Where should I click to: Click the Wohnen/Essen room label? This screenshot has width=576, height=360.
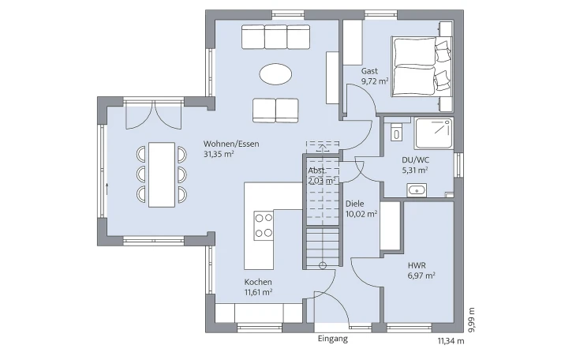pyautogui.click(x=231, y=144)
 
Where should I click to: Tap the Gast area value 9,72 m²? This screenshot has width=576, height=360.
pyautogui.click(x=375, y=81)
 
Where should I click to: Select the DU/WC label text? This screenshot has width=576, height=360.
pyautogui.click(x=416, y=160)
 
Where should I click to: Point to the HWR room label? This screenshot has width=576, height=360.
pyautogui.click(x=417, y=265)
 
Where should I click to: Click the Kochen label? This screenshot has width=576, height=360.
pyautogui.click(x=258, y=282)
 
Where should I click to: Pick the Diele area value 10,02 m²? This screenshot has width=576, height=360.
pyautogui.click(x=361, y=214)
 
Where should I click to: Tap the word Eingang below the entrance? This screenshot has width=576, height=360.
pyautogui.click(x=332, y=339)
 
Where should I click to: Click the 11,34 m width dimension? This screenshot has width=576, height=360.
pyautogui.click(x=451, y=341)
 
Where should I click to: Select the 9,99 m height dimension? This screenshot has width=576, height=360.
pyautogui.click(x=472, y=320)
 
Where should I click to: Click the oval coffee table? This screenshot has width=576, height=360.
pyautogui.click(x=275, y=75)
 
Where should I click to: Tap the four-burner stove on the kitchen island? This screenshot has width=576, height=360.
pyautogui.click(x=264, y=226)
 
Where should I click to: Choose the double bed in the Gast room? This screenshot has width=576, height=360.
pyautogui.click(x=421, y=66)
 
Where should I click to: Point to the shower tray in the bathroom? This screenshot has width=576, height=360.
pyautogui.click(x=433, y=133)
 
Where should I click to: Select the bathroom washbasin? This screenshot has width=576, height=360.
pyautogui.click(x=417, y=190)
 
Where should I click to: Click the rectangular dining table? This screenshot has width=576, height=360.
pyautogui.click(x=162, y=174)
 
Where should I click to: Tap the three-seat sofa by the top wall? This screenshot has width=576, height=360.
pyautogui.click(x=275, y=37)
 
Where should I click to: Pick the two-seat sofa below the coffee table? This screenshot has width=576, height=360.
pyautogui.click(x=275, y=111)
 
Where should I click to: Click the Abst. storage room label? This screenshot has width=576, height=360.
pyautogui.click(x=317, y=171)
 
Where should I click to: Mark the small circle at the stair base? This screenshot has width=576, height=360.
pyautogui.click(x=323, y=265)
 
